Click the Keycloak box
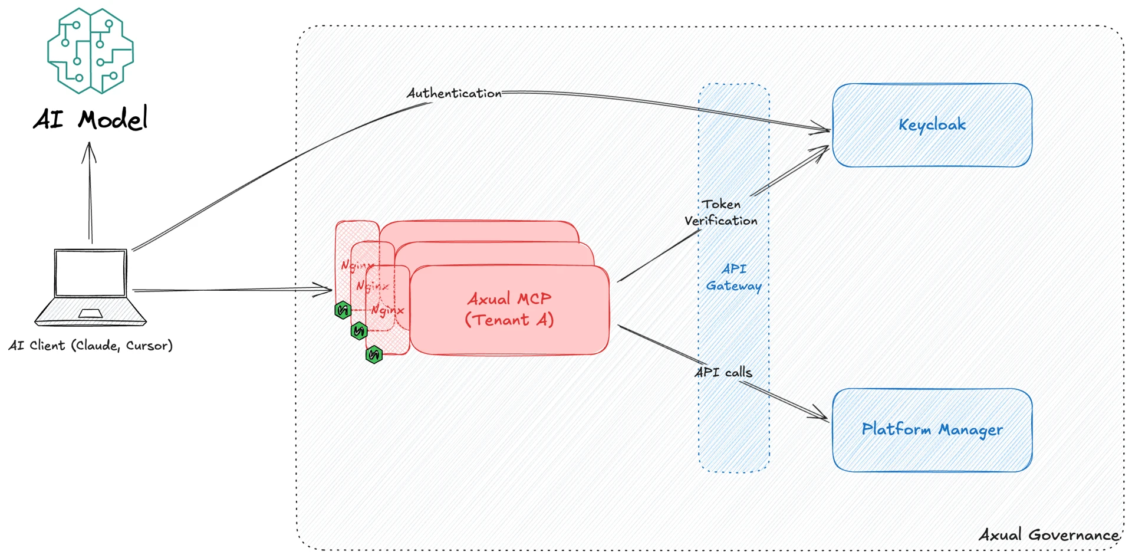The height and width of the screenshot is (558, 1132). [932, 125]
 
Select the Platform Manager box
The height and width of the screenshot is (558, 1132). [932, 429]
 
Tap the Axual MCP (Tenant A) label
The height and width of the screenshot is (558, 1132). [509, 309]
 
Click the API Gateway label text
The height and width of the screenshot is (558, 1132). [734, 277]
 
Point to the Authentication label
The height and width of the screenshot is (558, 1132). [453, 93]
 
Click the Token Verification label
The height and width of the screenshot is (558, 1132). [721, 212]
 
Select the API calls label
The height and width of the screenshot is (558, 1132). [723, 372]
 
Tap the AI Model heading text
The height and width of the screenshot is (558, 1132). [90, 120]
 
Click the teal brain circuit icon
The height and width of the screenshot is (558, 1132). [90, 51]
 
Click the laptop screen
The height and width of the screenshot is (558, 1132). [90, 273]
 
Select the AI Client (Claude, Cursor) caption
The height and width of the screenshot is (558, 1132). [90, 346]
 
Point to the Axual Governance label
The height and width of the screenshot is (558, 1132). [1049, 535]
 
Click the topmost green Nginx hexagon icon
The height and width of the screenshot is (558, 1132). [343, 310]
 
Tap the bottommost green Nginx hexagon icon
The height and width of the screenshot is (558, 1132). [374, 355]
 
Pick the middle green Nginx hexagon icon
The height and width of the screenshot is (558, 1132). [358, 331]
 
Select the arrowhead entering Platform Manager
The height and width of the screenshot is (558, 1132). [823, 415]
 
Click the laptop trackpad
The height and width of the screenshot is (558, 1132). [90, 313]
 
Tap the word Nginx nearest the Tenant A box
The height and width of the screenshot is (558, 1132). [387, 310]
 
